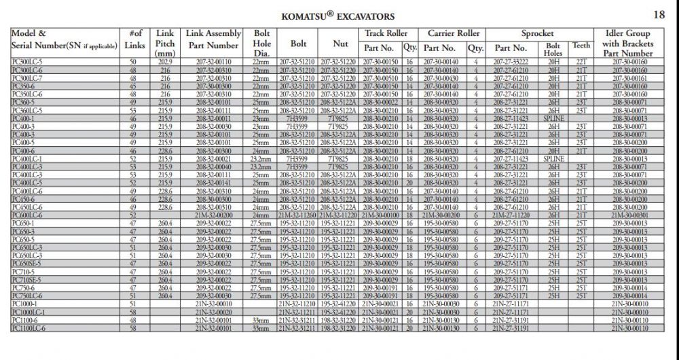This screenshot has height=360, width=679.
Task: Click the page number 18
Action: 659,14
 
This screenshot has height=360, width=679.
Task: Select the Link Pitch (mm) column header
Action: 165,43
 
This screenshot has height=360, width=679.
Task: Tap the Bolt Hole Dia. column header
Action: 262,43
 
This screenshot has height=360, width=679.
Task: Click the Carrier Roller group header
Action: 454,33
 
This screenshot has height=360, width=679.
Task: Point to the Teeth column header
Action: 581,46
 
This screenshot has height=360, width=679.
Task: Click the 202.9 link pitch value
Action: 165,62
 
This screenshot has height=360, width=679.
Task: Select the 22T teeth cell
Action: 581,62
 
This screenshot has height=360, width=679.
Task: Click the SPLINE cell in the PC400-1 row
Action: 554,118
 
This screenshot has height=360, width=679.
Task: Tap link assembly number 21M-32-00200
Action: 214,215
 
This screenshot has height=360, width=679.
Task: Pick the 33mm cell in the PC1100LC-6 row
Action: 262,328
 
